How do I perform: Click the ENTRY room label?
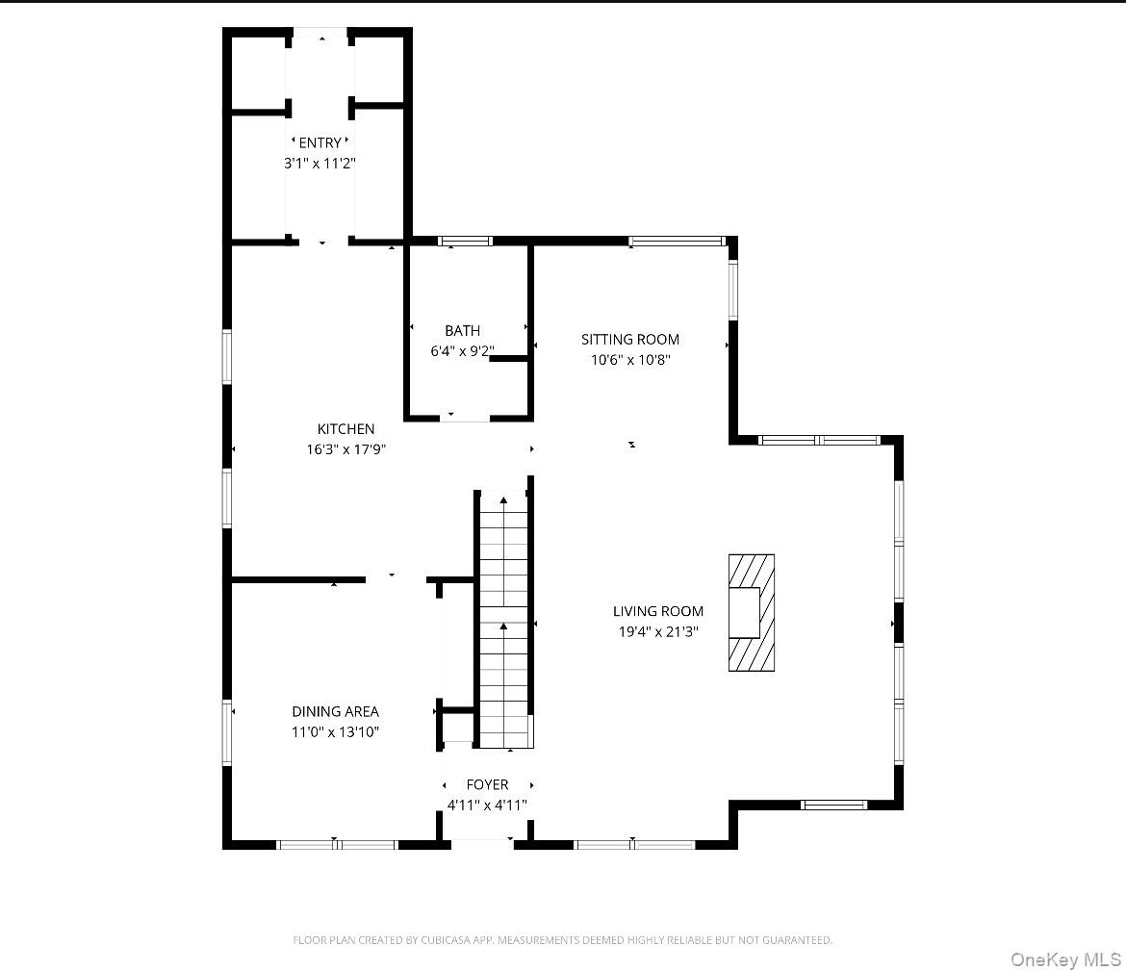click(320, 143)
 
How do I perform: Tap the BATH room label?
click(462, 331)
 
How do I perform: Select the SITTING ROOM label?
click(629, 339)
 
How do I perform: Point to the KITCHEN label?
click(345, 429)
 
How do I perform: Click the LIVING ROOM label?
click(657, 611)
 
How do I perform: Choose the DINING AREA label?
click(335, 711)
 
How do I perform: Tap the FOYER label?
click(487, 784)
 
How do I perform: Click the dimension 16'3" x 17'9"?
click(345, 449)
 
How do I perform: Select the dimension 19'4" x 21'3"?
click(657, 632)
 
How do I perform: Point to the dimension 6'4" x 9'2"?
click(462, 351)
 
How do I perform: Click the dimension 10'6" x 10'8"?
click(629, 360)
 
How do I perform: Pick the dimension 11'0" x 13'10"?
click(335, 732)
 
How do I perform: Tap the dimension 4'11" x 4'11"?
click(487, 806)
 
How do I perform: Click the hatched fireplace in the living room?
click(751, 612)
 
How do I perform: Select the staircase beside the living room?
click(503, 621)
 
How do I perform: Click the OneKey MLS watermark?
click(1065, 959)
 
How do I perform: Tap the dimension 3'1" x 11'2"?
click(320, 164)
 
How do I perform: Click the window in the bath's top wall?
click(465, 241)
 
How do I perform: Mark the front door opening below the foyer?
click(482, 844)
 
